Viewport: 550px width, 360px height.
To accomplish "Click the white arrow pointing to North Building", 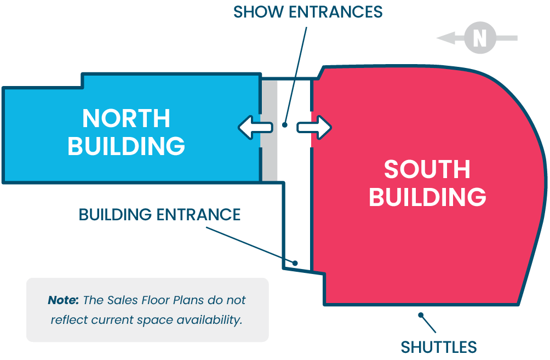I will click(255, 127).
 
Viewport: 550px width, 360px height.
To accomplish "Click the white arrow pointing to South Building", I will click(314, 127).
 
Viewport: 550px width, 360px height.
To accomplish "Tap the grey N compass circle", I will click(479, 38).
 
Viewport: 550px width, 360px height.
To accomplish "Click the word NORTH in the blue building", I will click(126, 118).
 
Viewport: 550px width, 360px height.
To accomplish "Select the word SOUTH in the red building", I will click(427, 169).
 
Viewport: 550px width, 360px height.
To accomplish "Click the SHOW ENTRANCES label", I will click(307, 12).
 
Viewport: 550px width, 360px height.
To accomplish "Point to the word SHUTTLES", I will click(438, 347).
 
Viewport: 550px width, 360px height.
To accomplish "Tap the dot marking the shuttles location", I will click(420, 315).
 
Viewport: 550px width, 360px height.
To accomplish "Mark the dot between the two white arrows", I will click(284, 125).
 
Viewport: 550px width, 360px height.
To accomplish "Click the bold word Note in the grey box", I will click(63, 300).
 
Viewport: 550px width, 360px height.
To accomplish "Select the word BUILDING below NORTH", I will click(126, 146).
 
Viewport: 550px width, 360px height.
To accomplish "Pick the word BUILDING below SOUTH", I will click(427, 196).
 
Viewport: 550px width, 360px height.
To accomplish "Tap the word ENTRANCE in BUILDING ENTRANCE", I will click(199, 214).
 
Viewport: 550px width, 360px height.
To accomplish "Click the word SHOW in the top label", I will click(254, 12).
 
